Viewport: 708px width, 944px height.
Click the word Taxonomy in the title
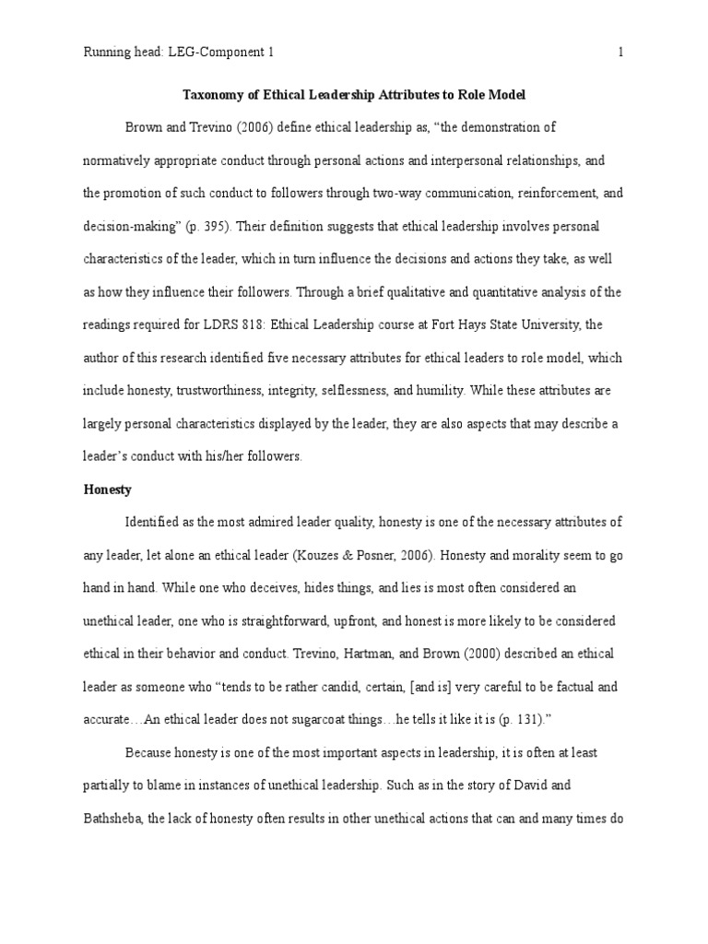[x=213, y=94]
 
